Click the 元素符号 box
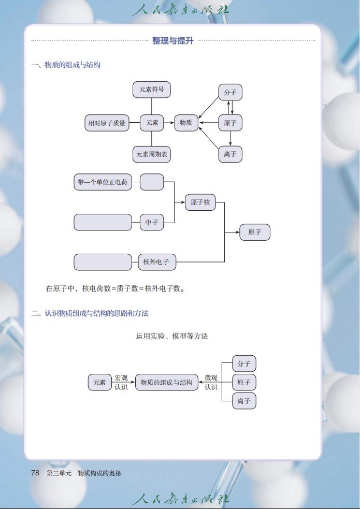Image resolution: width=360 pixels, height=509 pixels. tap(151, 90)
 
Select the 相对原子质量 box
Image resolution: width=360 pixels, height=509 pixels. tap(107, 123)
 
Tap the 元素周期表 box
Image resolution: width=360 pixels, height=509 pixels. tap(152, 154)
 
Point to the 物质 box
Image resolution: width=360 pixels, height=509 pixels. tap(186, 123)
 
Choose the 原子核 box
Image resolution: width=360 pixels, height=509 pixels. tap(200, 202)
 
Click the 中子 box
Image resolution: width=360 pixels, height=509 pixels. tap(152, 222)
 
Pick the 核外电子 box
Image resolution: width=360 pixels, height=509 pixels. tap(156, 262)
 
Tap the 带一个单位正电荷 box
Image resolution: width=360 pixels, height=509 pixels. tap(103, 182)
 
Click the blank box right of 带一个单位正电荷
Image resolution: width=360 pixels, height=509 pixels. tap(152, 182)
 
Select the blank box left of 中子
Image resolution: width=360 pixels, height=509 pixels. tap(103, 222)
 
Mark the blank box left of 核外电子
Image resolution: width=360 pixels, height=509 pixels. tap(103, 262)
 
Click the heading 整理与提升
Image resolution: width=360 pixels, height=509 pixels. tap(172, 40)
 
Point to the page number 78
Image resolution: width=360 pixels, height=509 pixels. tap(35, 473)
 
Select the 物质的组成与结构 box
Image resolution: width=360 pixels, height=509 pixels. tap(166, 383)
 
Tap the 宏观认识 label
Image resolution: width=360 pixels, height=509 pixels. tap(121, 383)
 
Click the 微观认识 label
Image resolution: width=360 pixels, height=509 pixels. tap(211, 383)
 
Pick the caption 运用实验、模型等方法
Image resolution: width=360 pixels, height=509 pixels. tap(172, 336)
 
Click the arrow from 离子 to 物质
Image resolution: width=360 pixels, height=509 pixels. tap(208, 138)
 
